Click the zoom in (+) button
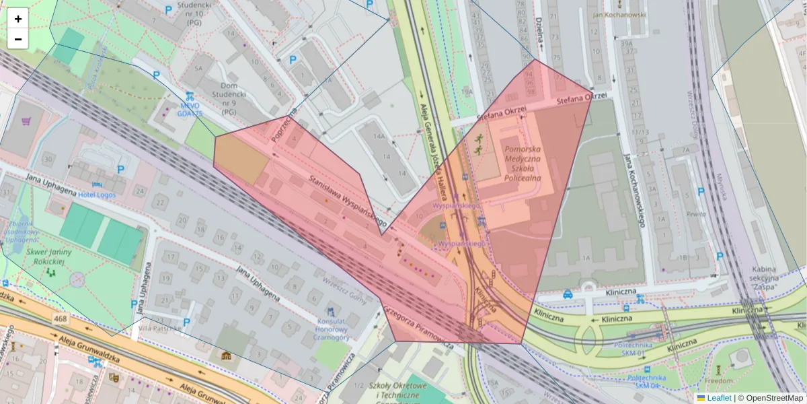(18, 19)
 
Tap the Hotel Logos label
(96, 195)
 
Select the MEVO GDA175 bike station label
(190, 110)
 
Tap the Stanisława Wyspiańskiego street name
(347, 201)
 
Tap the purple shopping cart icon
(26, 122)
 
